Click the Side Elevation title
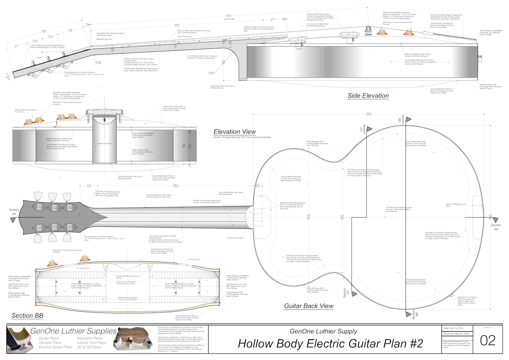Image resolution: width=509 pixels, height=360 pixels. point(368,96)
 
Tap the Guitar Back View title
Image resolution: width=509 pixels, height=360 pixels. point(308,306)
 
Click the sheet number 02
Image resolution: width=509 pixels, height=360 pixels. point(488,341)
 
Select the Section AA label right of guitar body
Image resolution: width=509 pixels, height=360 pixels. point(495,226)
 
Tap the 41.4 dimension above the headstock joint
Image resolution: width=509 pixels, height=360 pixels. point(89,185)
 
